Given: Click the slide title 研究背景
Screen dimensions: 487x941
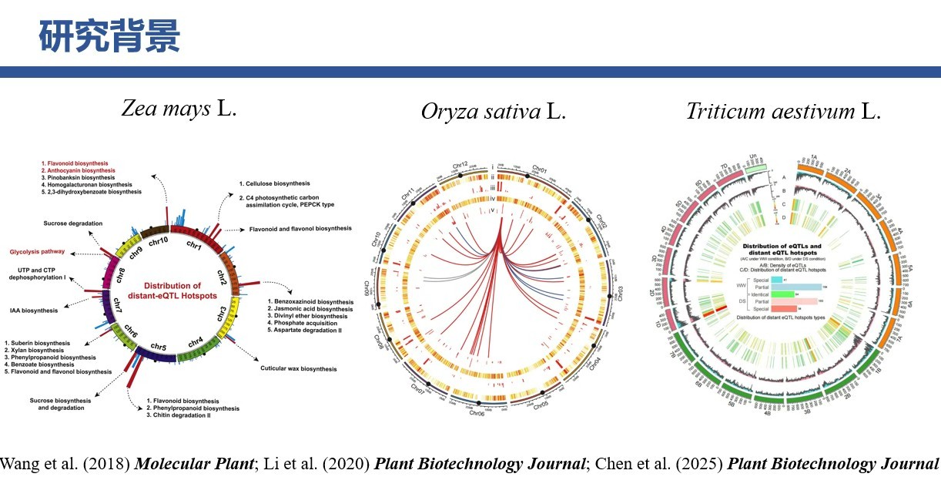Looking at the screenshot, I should coord(109,36).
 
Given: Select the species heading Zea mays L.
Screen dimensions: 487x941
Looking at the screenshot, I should coord(179,108).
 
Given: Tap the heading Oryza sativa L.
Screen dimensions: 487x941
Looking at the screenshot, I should coord(493,111).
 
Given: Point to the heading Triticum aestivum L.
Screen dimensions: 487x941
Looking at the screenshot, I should coord(783,111).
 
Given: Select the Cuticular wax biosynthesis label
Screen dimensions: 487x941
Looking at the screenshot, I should coord(299,369).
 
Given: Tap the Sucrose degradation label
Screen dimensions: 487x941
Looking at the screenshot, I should coord(73,223).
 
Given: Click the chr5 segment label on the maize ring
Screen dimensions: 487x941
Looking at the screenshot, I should coord(159,347).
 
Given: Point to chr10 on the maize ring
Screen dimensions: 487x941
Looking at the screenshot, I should coord(158,243).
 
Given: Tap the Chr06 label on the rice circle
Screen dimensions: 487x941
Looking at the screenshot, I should coord(477,412).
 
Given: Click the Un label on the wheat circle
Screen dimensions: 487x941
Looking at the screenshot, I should coord(754,159).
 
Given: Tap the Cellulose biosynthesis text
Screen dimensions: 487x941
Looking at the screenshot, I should coord(274,183).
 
